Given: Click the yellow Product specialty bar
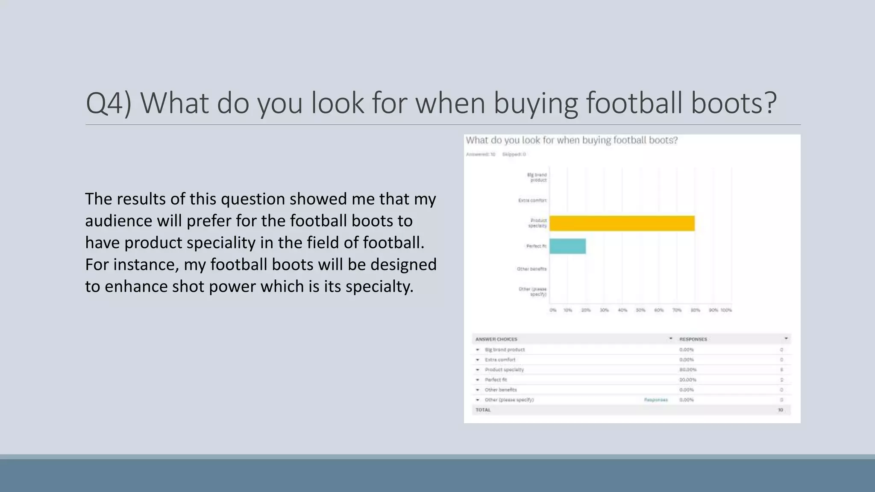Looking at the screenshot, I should pyautogui.click(x=622, y=223).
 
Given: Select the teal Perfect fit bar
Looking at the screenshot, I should pyautogui.click(x=567, y=246).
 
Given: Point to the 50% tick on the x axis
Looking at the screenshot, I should pyautogui.click(x=640, y=310).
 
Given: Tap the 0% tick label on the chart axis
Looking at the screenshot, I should pyautogui.click(x=553, y=310).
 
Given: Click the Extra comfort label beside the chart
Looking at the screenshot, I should pyautogui.click(x=532, y=200).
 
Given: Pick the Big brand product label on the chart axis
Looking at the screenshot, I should pyautogui.click(x=537, y=177).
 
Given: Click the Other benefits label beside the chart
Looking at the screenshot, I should pyautogui.click(x=531, y=269).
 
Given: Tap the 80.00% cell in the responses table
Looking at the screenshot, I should pyautogui.click(x=688, y=370).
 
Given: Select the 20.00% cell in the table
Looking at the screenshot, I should pyautogui.click(x=688, y=380).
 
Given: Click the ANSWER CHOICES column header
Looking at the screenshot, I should pyautogui.click(x=496, y=339).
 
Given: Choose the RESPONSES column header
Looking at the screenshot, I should pyautogui.click(x=693, y=339).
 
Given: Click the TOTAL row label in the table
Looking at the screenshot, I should pyautogui.click(x=483, y=410).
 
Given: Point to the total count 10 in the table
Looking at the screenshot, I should pyautogui.click(x=781, y=410).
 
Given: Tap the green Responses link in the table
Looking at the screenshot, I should pyautogui.click(x=656, y=400).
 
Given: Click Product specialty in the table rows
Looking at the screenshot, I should pyautogui.click(x=504, y=370).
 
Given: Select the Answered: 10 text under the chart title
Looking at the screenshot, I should pyautogui.click(x=481, y=154).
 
